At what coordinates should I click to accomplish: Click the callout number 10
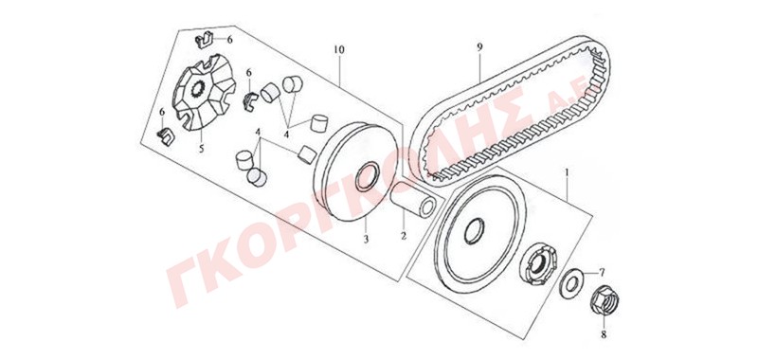click(338, 50)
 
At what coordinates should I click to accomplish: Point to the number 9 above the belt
click(479, 47)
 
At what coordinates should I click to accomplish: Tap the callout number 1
click(567, 171)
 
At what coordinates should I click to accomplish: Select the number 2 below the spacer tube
click(404, 236)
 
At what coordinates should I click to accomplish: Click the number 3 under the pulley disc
click(366, 239)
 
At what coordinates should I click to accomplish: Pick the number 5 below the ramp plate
click(201, 149)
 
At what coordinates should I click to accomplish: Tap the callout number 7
click(602, 274)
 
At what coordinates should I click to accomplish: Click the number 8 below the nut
click(604, 333)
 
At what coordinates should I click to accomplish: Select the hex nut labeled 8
click(604, 302)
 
